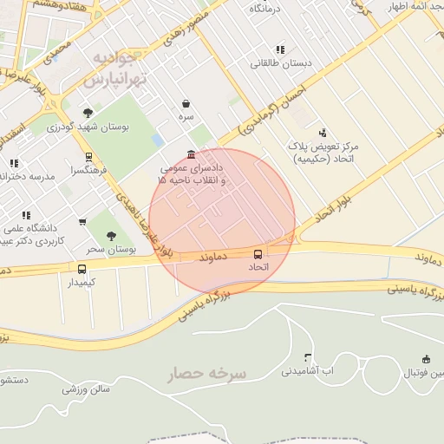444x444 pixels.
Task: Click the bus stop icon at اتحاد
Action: coord(258,254)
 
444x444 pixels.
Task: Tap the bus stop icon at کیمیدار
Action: coord(82,270)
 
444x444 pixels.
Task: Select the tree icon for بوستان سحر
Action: coord(110,236)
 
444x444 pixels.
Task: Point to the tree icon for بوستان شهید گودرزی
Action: coord(88,113)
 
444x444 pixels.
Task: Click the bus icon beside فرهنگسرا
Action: coord(88,158)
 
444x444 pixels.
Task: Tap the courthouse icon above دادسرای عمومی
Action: coord(191,153)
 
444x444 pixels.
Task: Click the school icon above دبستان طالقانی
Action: coord(279,50)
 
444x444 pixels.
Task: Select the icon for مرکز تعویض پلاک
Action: coord(323,133)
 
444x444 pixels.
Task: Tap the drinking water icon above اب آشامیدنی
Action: coord(308,357)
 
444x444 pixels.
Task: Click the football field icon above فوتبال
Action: coord(426,359)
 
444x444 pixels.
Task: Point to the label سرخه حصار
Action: coord(207,373)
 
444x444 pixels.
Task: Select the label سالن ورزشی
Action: coord(85,389)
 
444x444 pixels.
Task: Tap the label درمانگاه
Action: coord(267,8)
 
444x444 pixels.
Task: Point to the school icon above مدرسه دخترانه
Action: coord(14,163)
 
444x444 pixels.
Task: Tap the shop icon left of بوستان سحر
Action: coord(82,222)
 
